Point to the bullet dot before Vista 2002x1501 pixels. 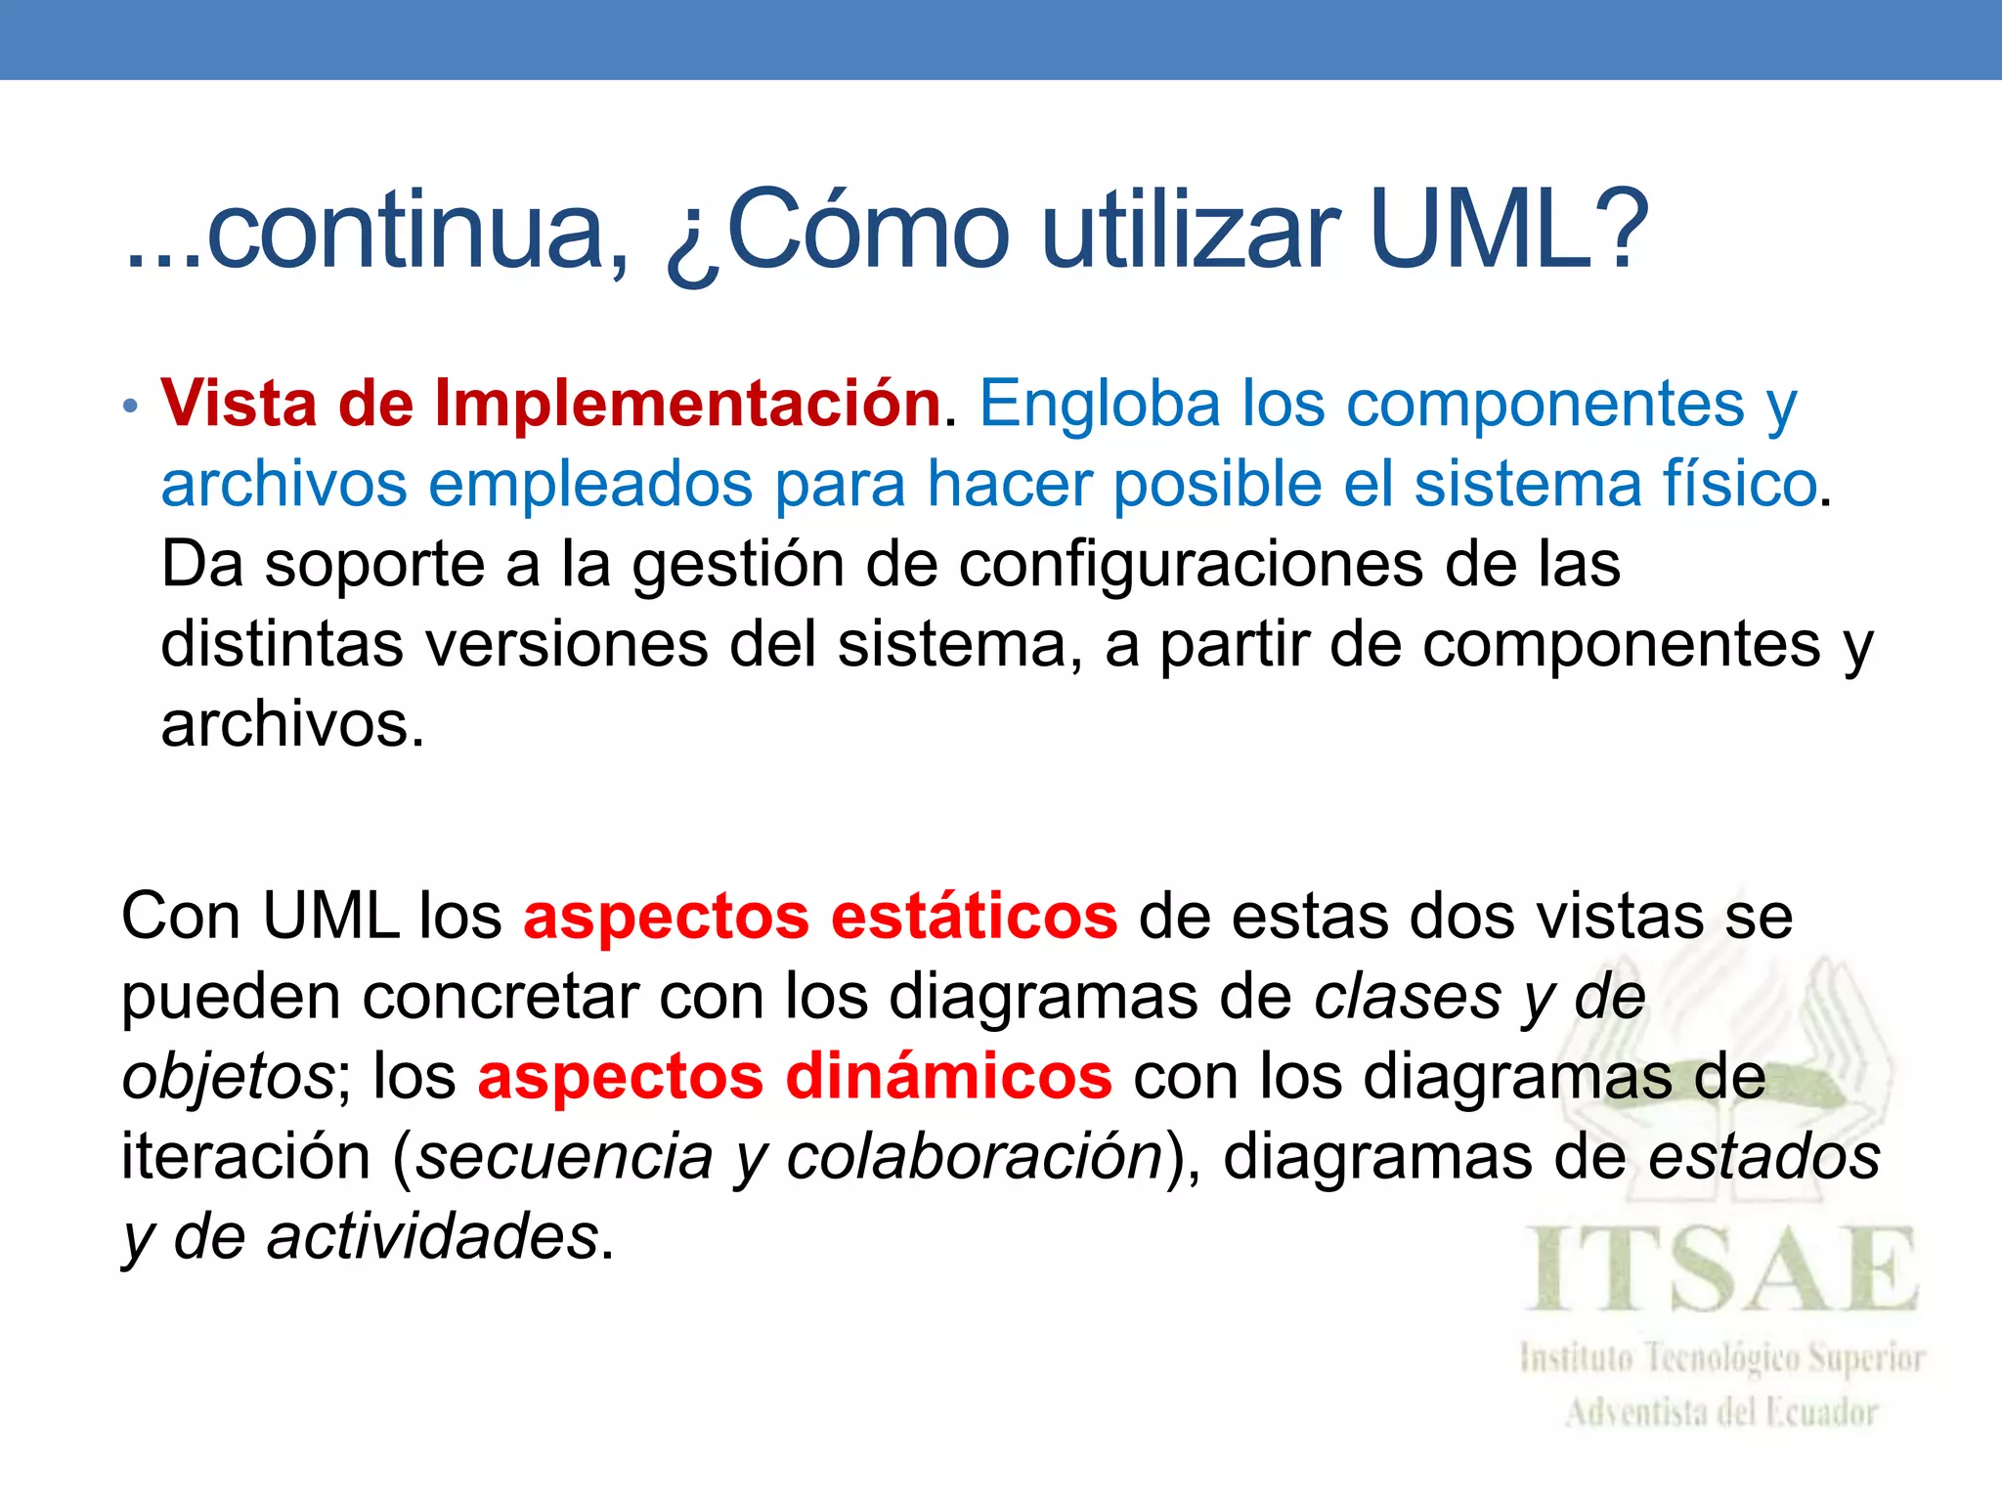[x=131, y=407]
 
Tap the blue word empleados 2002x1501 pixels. [x=591, y=484]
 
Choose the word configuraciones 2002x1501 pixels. [x=1191, y=566]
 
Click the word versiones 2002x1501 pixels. [x=567, y=645]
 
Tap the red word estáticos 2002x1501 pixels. [x=974, y=917]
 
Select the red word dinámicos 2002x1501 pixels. [x=948, y=1077]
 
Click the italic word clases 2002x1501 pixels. [x=1407, y=997]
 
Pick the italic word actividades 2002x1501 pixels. [x=433, y=1237]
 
